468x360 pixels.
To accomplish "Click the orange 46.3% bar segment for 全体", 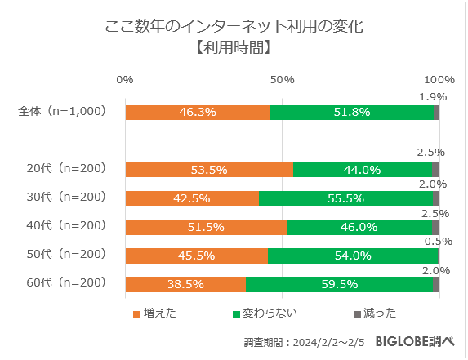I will coord(198,113).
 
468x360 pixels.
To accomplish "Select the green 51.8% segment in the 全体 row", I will coord(352,113).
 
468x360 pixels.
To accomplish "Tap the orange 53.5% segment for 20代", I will coord(209,170).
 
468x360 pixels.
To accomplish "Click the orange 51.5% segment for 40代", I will coord(206,227).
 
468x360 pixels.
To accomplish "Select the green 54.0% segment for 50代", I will coord(353,256).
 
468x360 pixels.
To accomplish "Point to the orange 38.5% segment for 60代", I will coord(185,284).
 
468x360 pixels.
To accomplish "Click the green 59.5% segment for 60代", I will coord(339,284).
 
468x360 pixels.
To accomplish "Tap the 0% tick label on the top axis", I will coord(125,79).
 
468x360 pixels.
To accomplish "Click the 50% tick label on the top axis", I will coord(282,79).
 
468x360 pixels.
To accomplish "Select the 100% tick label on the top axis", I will coord(440,79).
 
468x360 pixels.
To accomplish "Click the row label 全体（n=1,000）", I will coord(63,112).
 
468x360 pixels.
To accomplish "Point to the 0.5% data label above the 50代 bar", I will coord(433,241).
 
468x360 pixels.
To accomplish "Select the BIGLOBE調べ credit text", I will coord(415,341).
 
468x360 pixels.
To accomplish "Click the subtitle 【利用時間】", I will coord(234,48).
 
